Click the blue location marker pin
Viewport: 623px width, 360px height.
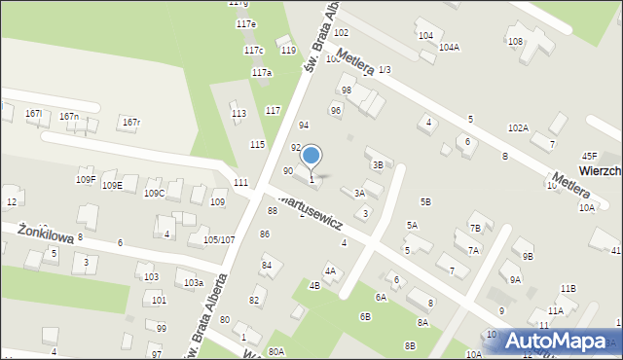311,156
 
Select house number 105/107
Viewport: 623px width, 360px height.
218,239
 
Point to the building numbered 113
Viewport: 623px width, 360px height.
238,114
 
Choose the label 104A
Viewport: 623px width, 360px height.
449,47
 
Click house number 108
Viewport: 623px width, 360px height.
515,41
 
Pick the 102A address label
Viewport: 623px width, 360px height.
518,128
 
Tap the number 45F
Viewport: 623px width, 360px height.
589,156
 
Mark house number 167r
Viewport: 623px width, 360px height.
131,122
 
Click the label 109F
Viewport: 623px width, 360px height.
86,180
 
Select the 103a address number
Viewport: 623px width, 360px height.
193,282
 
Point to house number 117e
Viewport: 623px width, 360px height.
246,23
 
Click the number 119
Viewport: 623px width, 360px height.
287,50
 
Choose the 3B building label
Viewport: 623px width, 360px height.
378,165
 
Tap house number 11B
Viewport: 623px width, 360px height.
568,289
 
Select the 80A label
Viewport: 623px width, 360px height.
276,351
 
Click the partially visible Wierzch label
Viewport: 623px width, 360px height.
602,170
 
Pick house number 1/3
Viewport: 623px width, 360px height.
385,69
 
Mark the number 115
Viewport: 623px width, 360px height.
257,144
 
